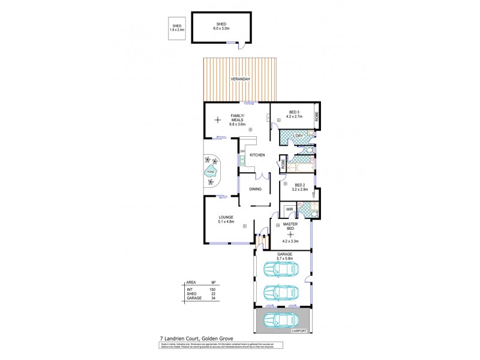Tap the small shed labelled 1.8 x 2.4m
[177, 28]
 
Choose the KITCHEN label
[257, 155]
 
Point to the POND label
[210, 172]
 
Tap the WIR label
[289, 209]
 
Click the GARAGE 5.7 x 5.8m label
[284, 256]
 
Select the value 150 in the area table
[212, 289]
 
